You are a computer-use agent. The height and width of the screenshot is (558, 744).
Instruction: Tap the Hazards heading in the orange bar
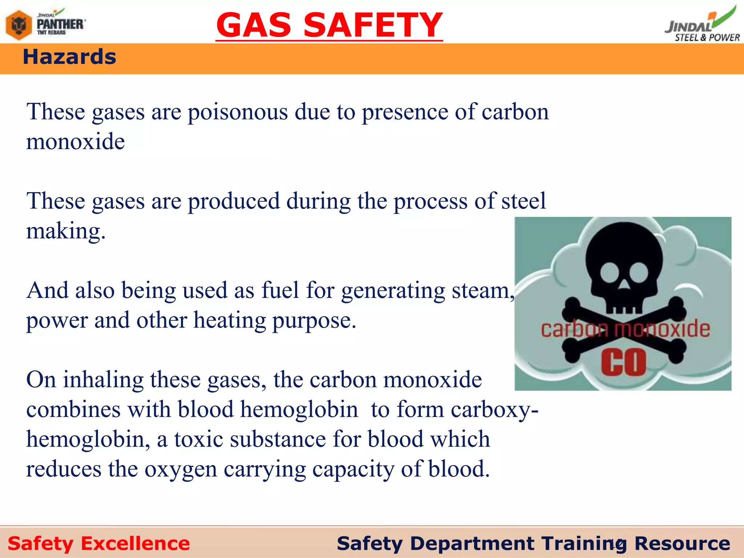pyautogui.click(x=69, y=57)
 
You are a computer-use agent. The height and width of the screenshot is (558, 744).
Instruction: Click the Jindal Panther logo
pyautogui.click(x=46, y=24)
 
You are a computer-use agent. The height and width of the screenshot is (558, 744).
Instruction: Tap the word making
pyautogui.click(x=66, y=231)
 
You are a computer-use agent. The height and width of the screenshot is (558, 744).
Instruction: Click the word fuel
pyautogui.click(x=280, y=290)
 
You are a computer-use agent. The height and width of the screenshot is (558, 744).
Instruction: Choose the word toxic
pyautogui.click(x=198, y=439)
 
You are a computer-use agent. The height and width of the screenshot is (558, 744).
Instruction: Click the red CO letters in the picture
pyautogui.click(x=623, y=362)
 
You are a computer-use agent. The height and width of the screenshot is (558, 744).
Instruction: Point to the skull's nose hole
pyautogui.click(x=624, y=286)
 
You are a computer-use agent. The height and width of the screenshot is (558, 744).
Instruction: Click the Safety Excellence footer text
pyautogui.click(x=99, y=543)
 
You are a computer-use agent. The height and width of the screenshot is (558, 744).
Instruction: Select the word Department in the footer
pyautogui.click(x=472, y=543)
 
